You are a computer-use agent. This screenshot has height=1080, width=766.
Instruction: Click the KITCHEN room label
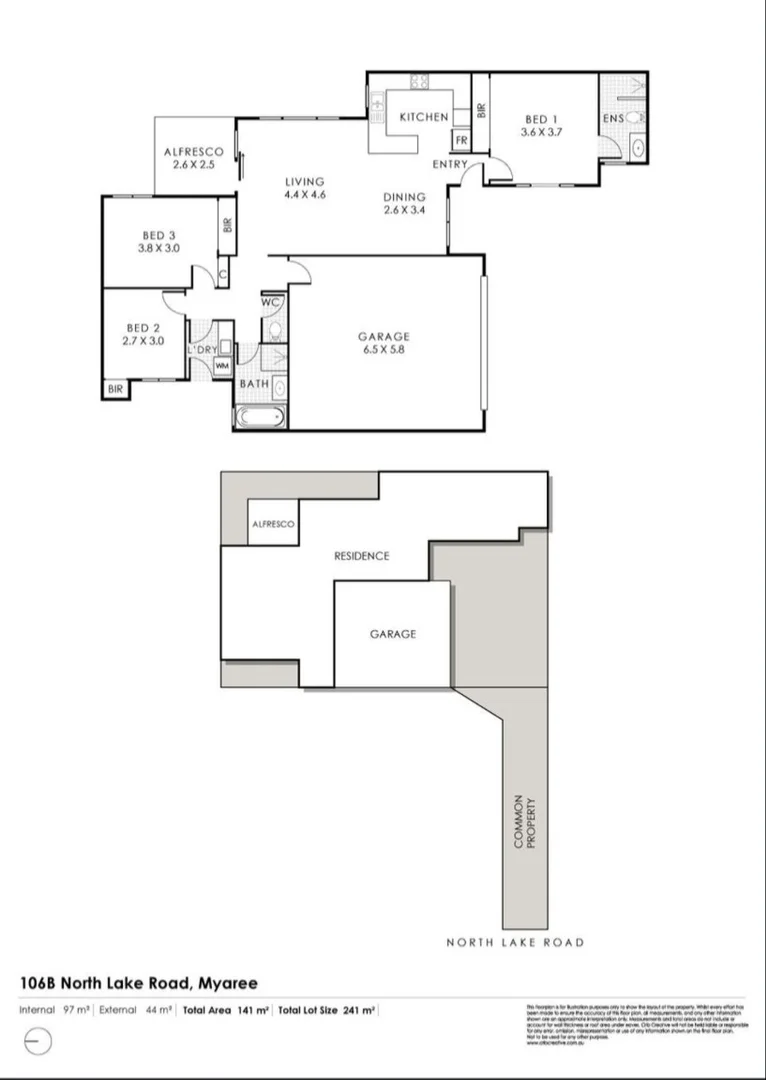424,117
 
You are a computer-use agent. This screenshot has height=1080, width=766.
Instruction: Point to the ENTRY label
450,163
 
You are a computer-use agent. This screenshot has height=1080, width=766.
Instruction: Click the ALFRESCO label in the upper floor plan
194,152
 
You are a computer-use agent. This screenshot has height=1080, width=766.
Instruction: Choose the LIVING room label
305,182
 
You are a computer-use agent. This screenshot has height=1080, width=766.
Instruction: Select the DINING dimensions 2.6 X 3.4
404,210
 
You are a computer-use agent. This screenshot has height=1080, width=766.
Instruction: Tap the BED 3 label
158,235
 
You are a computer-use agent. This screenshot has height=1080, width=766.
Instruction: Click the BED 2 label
144,328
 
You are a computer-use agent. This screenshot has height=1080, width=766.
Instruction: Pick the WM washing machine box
222,366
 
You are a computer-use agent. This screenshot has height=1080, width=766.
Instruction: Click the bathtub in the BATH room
260,417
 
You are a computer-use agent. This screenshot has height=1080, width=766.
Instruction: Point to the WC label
270,301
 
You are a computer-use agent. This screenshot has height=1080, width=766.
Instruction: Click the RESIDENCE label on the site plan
361,556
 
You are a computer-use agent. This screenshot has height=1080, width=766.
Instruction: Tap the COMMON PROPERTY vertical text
525,822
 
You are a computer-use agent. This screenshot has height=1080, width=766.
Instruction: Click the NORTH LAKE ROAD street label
515,943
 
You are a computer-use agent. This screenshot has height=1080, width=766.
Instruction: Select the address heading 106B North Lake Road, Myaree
145,983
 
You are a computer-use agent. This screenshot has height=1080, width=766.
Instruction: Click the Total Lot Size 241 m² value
327,1010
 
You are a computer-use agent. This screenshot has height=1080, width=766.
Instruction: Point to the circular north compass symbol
36,1041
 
